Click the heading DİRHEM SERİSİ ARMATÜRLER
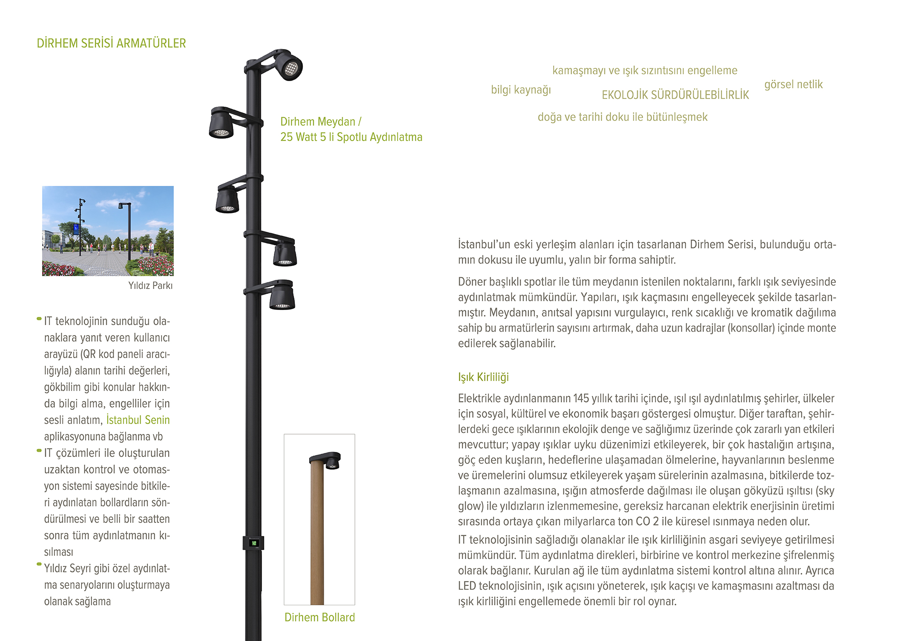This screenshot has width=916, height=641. click(x=111, y=43)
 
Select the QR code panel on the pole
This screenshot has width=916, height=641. click(x=253, y=543)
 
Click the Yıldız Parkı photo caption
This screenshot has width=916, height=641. click(x=150, y=286)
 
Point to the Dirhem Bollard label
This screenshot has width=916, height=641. click(x=320, y=617)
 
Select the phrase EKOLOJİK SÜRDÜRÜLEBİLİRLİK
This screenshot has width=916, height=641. click(x=675, y=95)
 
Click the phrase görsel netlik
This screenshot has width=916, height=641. click(x=793, y=85)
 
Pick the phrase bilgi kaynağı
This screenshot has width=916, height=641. click(x=521, y=90)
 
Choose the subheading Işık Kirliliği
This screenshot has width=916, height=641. click(x=483, y=377)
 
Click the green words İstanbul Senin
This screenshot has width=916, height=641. click(x=138, y=420)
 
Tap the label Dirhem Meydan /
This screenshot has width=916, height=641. click(x=321, y=122)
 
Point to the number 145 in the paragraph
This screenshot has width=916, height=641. click(x=581, y=398)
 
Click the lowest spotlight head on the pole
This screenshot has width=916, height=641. click(x=282, y=297)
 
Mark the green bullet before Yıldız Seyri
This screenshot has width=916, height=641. click(x=39, y=564)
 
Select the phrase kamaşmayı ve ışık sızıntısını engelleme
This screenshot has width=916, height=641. click(x=644, y=71)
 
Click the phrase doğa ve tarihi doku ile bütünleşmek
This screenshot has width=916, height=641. click(x=622, y=117)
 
